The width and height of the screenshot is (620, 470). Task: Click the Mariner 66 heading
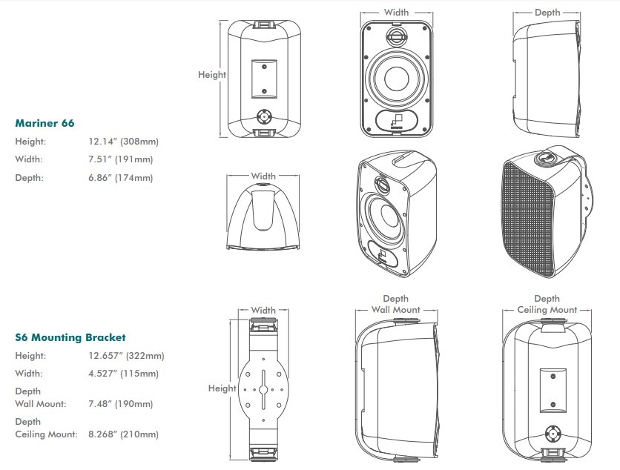pos(44,123)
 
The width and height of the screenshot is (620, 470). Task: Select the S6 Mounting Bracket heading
pos(70,337)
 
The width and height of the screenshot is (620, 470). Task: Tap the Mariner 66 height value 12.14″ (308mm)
pos(123,142)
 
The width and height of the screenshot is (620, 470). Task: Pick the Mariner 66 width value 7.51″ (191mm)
pos(121,159)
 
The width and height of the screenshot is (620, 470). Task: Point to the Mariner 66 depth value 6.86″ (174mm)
pos(121,178)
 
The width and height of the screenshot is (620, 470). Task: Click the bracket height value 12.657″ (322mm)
pos(126,356)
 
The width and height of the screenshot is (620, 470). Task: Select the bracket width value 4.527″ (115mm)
pos(123,374)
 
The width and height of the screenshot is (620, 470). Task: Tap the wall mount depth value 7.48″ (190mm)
pos(121,404)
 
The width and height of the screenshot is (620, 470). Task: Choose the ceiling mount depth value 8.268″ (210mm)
pos(123,434)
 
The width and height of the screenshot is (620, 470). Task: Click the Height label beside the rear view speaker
pos(212,75)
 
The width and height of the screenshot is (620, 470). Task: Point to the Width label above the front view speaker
pos(396,13)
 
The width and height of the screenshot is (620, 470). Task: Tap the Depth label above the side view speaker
pos(547,13)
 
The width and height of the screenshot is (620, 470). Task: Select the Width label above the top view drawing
pos(263,176)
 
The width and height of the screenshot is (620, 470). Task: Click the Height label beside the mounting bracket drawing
pos(222,388)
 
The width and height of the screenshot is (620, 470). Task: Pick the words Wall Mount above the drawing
pos(395,310)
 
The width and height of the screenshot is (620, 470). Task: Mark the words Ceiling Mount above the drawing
pos(547,310)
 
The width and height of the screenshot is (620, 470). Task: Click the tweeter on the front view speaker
pos(396,36)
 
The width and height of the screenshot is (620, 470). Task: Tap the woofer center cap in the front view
pos(396,79)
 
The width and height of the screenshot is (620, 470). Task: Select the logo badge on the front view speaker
pos(396,120)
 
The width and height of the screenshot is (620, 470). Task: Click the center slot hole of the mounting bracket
pos(263,390)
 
